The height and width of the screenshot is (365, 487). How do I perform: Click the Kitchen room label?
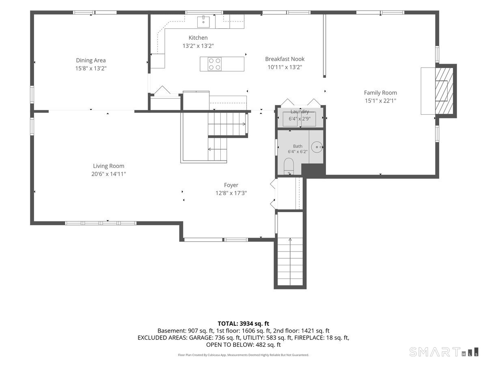point(198,38)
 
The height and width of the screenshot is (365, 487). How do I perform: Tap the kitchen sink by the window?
point(203,22)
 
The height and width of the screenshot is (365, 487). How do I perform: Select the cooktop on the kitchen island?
point(215,64)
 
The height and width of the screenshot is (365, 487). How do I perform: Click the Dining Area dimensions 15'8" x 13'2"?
point(91,68)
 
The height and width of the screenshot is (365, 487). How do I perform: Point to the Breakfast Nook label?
point(284,59)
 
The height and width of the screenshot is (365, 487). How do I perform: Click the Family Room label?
point(380,92)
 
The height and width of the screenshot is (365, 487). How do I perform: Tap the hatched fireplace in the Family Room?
point(444,91)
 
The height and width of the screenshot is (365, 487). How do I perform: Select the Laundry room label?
point(300,112)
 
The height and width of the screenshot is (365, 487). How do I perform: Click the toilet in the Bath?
point(289,166)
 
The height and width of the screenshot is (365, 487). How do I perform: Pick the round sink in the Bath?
point(317,147)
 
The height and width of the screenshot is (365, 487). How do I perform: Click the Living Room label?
point(108,166)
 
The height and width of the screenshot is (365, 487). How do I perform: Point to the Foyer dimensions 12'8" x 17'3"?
point(231,193)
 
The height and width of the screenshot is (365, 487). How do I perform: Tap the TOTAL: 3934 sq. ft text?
point(243,324)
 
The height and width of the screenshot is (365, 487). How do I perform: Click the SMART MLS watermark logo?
point(444,352)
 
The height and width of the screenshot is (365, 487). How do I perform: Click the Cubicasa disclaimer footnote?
point(243,355)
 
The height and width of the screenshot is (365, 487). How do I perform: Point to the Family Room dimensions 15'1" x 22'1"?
point(381,101)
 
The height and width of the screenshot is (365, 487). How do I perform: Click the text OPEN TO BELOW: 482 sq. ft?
point(243,345)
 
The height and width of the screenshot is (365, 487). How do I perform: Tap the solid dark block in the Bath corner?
point(313,170)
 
